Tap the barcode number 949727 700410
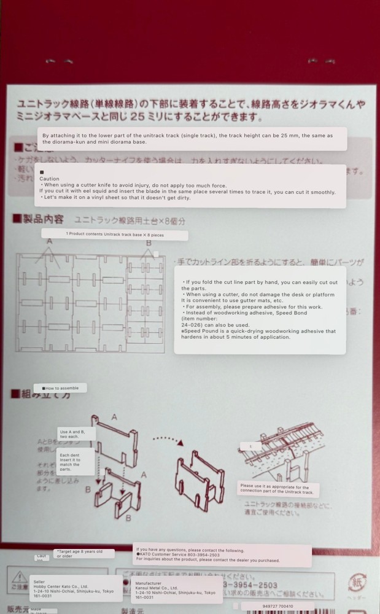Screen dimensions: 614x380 (x=273, y=606)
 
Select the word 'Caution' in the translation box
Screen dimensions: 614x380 (x=50, y=179)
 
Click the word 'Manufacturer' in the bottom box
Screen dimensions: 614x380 (x=148, y=583)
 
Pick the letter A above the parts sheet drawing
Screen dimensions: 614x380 (x=49, y=242)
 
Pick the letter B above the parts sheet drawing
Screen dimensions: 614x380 (x=148, y=243)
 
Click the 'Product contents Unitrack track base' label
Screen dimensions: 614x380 (x=114, y=234)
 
